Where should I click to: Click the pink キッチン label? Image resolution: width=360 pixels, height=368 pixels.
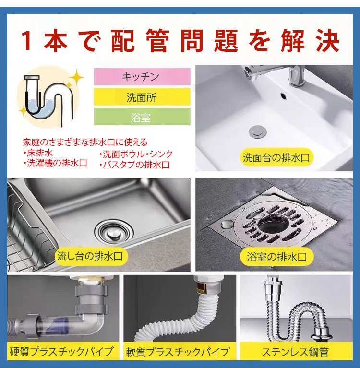142,76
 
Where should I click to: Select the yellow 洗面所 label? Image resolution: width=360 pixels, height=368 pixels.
142,97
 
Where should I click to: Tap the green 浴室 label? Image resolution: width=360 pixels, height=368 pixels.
142,117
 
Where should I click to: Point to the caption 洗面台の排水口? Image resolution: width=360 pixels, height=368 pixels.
276,157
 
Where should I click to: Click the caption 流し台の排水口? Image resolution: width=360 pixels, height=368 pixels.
90,256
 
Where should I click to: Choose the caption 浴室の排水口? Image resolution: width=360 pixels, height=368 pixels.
276,257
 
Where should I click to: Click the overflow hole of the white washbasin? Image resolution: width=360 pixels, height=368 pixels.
284,95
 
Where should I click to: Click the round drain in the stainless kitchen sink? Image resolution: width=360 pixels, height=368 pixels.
114,232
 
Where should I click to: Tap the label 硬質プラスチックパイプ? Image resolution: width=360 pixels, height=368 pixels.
61,352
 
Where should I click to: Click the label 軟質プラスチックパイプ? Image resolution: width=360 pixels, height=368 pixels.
178,352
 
